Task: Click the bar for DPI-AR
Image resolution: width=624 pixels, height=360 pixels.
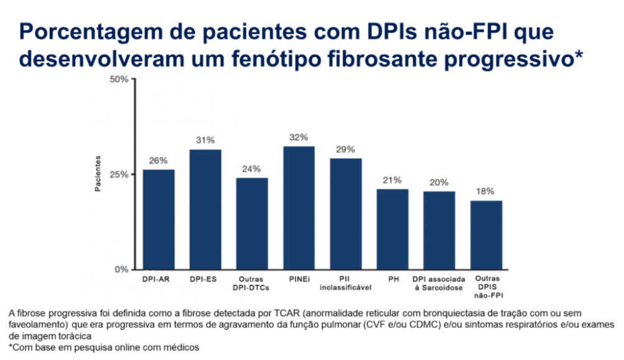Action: [159, 219]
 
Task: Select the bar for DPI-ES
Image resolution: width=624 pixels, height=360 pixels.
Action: [205, 210]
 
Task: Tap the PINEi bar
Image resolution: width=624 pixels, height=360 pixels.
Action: [299, 208]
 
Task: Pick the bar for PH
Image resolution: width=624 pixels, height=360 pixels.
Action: [393, 229]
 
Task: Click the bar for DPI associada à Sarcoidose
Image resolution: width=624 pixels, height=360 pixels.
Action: [439, 230]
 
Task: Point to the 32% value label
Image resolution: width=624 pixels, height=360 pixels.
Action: [299, 137]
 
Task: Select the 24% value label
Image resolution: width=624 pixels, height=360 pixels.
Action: [252, 169]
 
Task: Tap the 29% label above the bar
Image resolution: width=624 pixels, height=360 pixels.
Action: [345, 149]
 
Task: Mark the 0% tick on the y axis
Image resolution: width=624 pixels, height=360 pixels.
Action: [121, 269]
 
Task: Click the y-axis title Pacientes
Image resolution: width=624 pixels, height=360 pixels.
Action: [98, 175]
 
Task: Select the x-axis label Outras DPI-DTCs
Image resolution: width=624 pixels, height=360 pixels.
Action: [252, 283]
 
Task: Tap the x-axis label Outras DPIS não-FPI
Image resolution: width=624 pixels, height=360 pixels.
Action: [486, 287]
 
